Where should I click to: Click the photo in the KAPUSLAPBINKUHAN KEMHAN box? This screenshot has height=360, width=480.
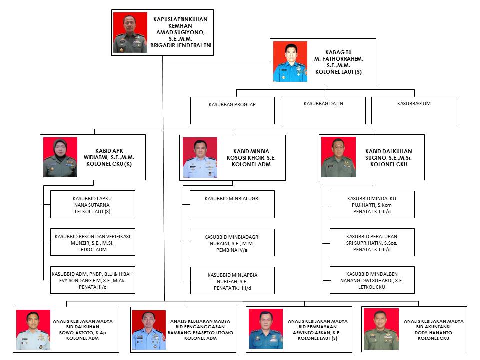[x=130, y=33]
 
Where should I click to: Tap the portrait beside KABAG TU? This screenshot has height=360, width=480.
[x=290, y=62]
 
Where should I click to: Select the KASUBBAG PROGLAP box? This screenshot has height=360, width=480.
[x=232, y=110]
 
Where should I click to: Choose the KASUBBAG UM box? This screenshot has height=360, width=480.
[x=413, y=110]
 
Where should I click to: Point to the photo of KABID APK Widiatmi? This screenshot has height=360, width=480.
[x=60, y=157]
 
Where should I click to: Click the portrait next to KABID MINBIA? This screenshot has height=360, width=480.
[x=200, y=157]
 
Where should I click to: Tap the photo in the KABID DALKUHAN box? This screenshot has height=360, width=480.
[x=338, y=157]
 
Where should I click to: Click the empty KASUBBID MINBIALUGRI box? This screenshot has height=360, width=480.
[x=232, y=204]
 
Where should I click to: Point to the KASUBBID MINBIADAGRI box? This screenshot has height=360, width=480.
[x=232, y=242]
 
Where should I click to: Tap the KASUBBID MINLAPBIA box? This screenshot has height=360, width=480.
[x=232, y=281]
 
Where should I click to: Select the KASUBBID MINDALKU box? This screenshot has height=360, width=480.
[x=372, y=204]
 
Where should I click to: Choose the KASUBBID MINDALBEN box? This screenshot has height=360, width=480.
[x=372, y=280]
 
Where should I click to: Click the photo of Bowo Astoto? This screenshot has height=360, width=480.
[x=33, y=329]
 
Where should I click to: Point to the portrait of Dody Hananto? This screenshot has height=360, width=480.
[x=381, y=329]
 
